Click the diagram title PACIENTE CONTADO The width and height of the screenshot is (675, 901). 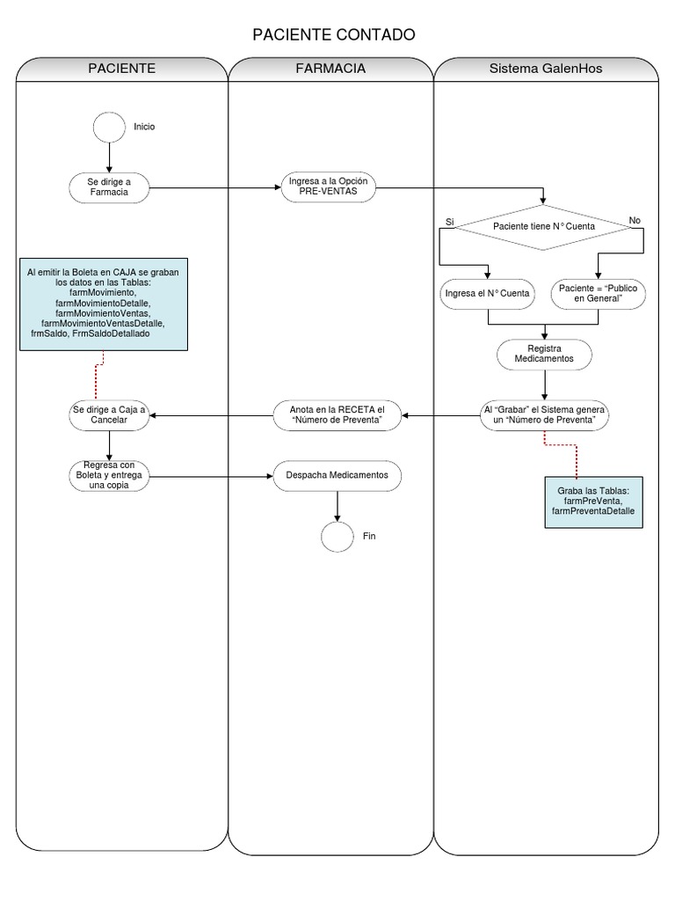coord(333,35)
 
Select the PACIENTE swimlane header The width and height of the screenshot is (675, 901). coord(122,69)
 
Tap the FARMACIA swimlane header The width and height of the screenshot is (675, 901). coord(330,69)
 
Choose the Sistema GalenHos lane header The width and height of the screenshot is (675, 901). coord(546,69)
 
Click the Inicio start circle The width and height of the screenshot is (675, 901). coord(109,127)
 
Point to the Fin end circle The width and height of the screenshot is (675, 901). coord(337,536)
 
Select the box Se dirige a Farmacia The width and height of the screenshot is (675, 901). coord(109,187)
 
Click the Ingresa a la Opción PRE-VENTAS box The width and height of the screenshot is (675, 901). coord(328,187)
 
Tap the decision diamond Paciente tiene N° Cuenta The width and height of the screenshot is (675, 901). coord(544,226)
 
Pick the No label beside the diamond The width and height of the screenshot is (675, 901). coord(635,220)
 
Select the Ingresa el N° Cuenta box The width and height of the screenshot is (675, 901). coord(487,293)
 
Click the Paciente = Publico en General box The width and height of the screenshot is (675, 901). coord(598,293)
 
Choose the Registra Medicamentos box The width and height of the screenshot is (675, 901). coord(544,354)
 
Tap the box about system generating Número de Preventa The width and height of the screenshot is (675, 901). coord(545,415)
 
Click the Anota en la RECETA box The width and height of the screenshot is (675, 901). coord(337,415)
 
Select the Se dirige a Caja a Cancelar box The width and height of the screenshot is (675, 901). coord(109,415)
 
